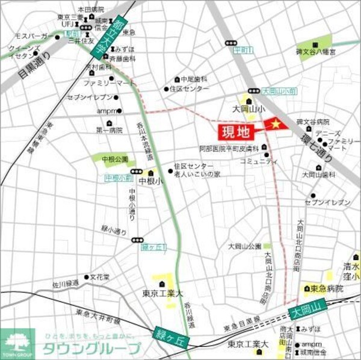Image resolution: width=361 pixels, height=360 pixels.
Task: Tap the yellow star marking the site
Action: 276,124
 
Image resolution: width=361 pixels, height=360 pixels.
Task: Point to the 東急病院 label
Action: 326,289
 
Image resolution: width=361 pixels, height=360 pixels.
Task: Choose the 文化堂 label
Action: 100,278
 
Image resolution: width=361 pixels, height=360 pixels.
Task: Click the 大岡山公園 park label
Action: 244,246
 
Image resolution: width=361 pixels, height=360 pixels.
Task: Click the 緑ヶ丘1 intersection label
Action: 153,247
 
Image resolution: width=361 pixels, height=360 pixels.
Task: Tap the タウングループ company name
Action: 91,347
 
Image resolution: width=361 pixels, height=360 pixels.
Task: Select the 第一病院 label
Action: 108,130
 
